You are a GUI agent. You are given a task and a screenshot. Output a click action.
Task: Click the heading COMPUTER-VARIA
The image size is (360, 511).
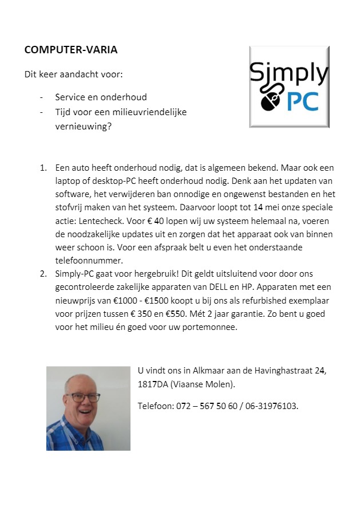[71, 50]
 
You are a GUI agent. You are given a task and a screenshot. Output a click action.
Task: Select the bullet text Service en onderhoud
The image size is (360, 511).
[101, 97]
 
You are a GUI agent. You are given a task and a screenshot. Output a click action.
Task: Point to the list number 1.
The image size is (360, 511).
[43, 168]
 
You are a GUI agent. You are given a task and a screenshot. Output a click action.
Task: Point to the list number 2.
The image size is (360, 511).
[43, 274]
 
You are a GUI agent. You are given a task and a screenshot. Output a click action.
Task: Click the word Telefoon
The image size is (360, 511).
[155, 406]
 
